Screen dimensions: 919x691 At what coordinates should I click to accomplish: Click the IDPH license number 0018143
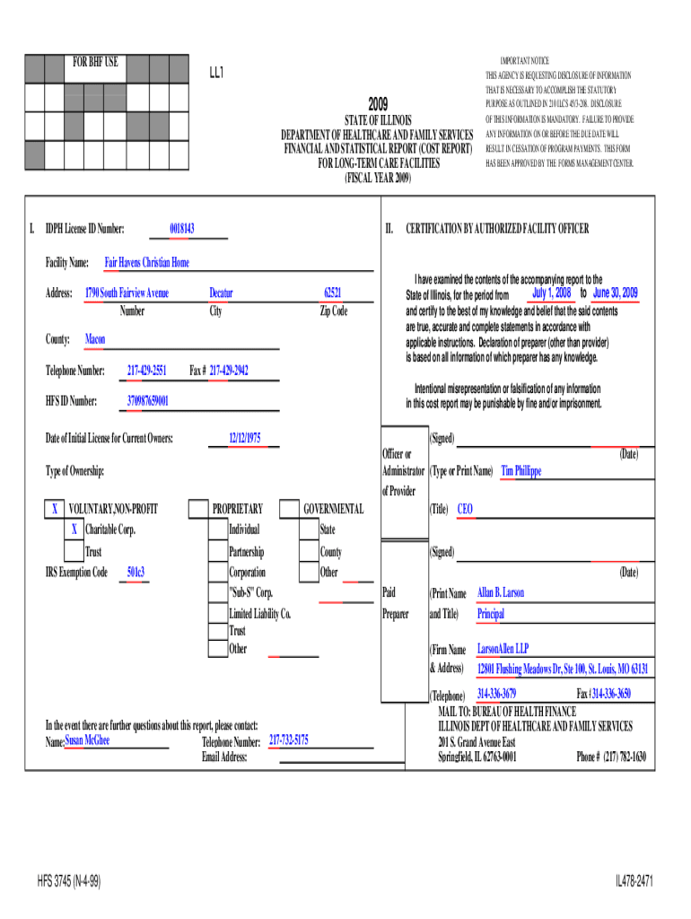(x=182, y=230)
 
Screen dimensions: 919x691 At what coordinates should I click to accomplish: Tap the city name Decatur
(x=221, y=293)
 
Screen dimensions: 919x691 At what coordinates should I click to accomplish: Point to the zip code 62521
(x=333, y=293)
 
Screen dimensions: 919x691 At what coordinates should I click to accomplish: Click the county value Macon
(x=95, y=340)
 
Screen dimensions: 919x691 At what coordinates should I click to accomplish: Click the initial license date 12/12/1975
(x=244, y=438)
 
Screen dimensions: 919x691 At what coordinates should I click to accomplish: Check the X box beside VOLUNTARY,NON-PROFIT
(x=55, y=510)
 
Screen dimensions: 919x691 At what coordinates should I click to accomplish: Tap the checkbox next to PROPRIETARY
(x=197, y=510)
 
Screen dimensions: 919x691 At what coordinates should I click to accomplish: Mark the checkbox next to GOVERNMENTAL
(x=289, y=510)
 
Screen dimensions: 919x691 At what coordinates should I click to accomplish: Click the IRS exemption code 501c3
(x=136, y=572)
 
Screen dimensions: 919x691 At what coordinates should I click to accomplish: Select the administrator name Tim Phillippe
(x=520, y=470)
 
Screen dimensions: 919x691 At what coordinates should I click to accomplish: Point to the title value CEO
(x=465, y=509)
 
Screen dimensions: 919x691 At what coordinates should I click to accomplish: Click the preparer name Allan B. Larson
(x=501, y=593)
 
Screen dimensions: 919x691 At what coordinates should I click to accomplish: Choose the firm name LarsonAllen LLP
(x=503, y=649)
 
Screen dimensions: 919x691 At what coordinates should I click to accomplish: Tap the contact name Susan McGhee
(x=88, y=740)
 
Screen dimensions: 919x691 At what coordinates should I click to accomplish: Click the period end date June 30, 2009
(x=616, y=293)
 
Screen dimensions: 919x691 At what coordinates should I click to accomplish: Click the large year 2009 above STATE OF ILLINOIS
(x=378, y=106)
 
